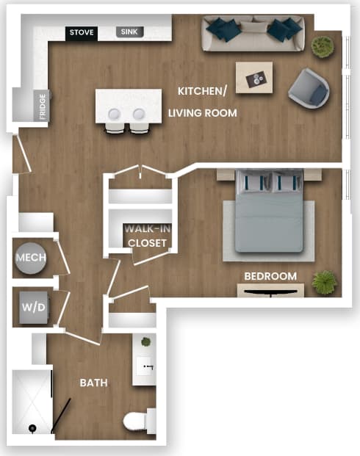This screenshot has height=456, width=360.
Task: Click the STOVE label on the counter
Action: click(82, 33)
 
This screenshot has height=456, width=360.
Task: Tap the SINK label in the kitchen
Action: click(130, 32)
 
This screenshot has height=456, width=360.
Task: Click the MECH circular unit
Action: click(31, 258)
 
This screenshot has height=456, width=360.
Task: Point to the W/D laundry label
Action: click(30, 306)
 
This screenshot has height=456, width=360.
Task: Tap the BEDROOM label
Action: click(270, 276)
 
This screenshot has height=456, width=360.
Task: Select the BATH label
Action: click(94, 383)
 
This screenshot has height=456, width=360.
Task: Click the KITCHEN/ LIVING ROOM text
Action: click(203, 101)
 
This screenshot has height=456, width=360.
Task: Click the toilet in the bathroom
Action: click(137, 421)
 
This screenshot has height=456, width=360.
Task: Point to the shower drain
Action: click(32, 428)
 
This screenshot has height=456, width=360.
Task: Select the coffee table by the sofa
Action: click(254, 77)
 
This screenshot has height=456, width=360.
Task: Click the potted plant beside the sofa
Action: click(322, 46)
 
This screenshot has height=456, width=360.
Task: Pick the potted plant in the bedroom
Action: click(323, 281)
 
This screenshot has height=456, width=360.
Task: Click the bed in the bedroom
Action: click(271, 213)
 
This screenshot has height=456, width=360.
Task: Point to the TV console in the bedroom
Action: click(270, 291)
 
